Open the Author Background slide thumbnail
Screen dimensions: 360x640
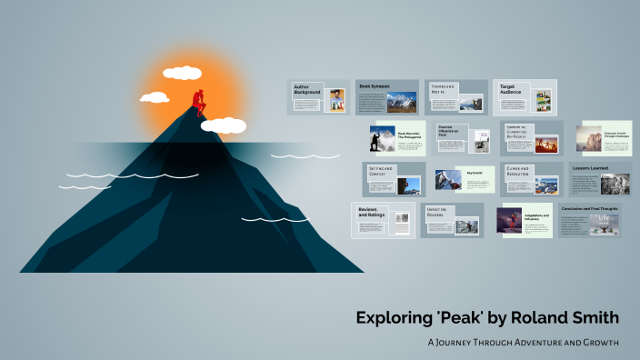pyautogui.click(x=317, y=96)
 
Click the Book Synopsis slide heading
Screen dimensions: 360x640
pyautogui.click(x=375, y=86)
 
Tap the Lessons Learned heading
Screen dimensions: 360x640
pyautogui.click(x=591, y=168)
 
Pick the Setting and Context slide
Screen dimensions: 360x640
pyautogui.click(x=394, y=179)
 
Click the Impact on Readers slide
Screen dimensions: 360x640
pyautogui.click(x=452, y=220)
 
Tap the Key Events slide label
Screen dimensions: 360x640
pyautogui.click(x=475, y=172)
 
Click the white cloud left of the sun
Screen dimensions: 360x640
pyautogui.click(x=154, y=97)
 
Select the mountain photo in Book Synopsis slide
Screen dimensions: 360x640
pyautogui.click(x=401, y=103)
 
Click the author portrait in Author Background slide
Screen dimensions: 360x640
pyautogui.click(x=337, y=100)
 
